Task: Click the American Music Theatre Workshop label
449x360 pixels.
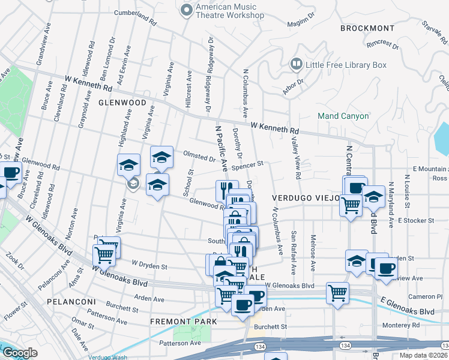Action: tap(230, 10)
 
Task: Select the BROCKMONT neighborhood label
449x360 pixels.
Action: tap(367, 28)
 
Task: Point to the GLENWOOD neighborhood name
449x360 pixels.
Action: tap(122, 103)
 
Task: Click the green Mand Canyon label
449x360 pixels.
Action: tap(343, 116)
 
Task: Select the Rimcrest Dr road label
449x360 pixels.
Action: tap(382, 44)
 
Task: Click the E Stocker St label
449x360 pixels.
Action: tap(415, 220)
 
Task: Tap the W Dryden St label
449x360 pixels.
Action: tap(149, 264)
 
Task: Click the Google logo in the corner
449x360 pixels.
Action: tap(20, 353)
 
